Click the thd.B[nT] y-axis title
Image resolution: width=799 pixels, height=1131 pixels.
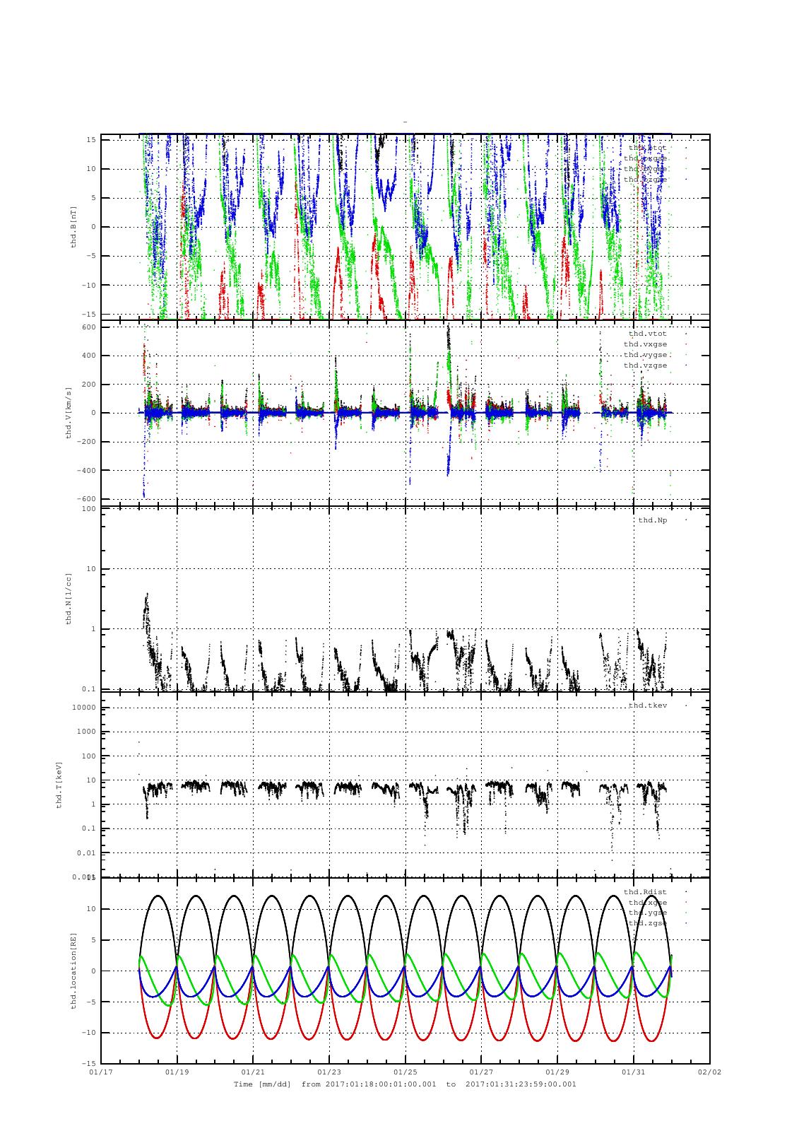73,227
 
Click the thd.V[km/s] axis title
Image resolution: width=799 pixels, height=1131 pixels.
69,413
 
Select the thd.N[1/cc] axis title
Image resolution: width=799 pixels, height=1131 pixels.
69,598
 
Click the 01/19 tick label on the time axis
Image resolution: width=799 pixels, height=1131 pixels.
177,1072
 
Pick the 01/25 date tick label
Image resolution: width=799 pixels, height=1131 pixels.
406,1072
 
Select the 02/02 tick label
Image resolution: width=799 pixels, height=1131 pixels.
709,1072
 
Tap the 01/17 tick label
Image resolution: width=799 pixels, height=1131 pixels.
101,1072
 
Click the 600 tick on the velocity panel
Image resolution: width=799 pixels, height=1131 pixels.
88,327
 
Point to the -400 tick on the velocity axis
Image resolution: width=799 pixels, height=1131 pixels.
85,471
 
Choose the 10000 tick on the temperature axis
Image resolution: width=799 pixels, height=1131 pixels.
83,708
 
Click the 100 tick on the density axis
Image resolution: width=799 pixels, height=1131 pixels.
88,509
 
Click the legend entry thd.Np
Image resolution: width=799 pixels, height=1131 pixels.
652,520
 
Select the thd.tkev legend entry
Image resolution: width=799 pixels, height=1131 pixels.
647,705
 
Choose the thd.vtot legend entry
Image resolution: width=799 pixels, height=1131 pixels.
647,334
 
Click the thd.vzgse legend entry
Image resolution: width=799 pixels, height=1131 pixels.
644,365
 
